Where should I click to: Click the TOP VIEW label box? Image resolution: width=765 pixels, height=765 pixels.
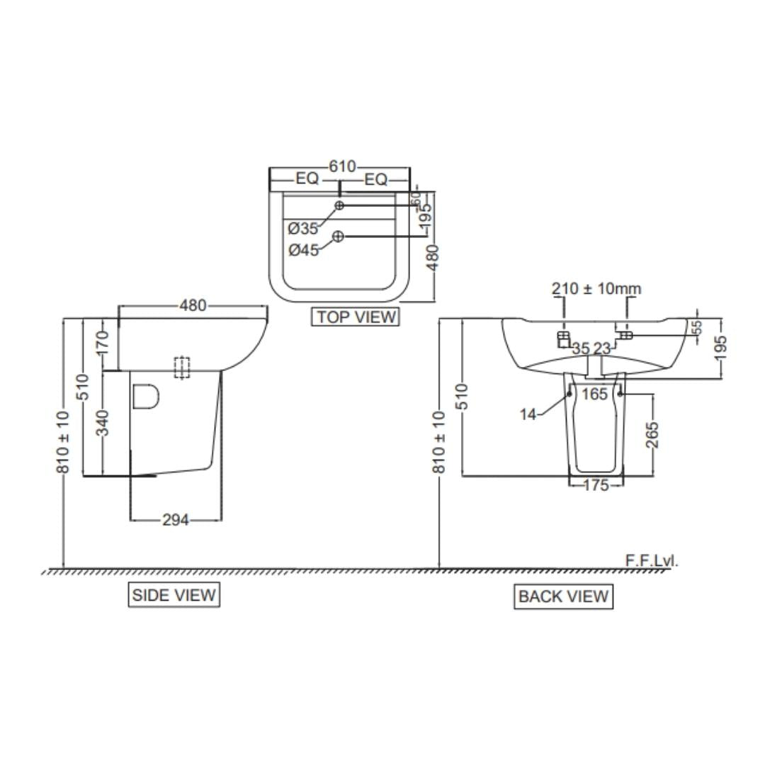tap(355, 317)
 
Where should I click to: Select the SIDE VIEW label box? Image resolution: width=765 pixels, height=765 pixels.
tap(174, 595)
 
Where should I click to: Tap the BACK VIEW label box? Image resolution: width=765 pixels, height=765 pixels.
tap(563, 596)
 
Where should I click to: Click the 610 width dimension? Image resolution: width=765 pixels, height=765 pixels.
tap(341, 166)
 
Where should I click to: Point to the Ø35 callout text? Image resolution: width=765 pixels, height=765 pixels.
tap(303, 228)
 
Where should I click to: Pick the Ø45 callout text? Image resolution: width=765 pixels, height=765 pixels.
tap(303, 249)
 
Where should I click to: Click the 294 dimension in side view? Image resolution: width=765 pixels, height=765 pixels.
tap(176, 520)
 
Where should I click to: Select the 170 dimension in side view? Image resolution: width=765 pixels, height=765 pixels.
tap(103, 343)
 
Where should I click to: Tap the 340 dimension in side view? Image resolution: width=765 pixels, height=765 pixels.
tap(103, 423)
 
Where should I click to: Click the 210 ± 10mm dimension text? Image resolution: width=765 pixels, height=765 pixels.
tap(596, 288)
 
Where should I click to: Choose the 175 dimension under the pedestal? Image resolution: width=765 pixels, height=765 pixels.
tap(596, 485)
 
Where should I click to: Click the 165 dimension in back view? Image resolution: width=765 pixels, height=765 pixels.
tap(595, 393)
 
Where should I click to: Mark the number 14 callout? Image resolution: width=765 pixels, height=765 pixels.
tap(528, 414)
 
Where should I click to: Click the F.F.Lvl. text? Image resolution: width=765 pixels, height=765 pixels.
tap(651, 560)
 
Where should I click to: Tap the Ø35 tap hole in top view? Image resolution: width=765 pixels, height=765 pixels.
tap(339, 205)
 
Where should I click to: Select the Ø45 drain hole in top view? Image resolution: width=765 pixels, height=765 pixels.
tap(338, 236)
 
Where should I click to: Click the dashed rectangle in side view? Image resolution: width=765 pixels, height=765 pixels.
tap(183, 367)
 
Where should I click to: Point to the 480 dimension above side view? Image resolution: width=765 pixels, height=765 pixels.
tap(193, 305)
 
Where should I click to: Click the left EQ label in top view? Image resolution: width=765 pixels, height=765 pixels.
tap(307, 179)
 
